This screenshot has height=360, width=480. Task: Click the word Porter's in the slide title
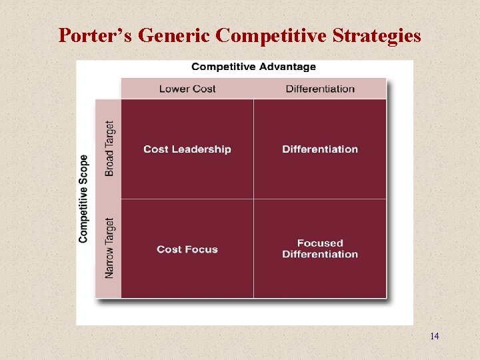click(x=95, y=35)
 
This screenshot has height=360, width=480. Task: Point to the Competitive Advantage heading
click(x=254, y=67)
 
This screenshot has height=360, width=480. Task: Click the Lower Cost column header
click(x=187, y=89)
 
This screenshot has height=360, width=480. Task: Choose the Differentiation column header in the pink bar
click(x=320, y=89)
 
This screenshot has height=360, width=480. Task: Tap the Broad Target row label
click(x=109, y=148)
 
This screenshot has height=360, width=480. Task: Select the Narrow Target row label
click(x=109, y=247)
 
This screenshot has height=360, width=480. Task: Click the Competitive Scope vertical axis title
click(x=83, y=199)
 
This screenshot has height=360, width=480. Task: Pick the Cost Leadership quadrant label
click(x=187, y=149)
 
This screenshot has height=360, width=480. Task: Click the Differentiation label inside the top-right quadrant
click(x=320, y=149)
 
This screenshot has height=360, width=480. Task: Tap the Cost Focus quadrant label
click(x=187, y=249)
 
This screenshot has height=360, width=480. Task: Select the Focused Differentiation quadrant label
click(x=320, y=249)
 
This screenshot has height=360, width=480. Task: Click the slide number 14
click(x=435, y=336)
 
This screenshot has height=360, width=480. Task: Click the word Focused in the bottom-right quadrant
click(x=320, y=243)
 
